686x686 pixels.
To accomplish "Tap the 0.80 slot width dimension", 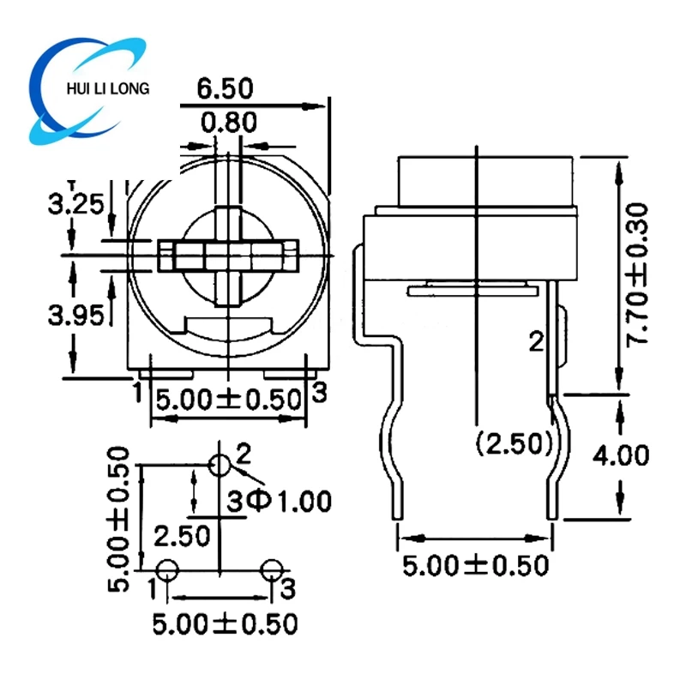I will tap(228, 123).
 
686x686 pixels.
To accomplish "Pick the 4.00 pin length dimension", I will tap(620, 454).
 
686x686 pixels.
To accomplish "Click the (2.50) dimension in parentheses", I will tap(513, 443).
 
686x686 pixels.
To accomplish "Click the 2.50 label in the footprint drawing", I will tap(182, 537).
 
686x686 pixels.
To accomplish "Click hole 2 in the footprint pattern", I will tap(220, 466).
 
